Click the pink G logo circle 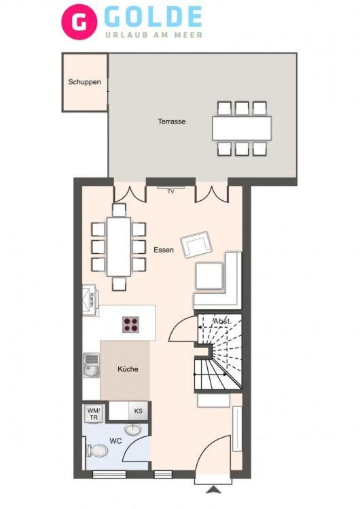(x=79, y=22)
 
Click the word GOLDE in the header (x=154, y=17)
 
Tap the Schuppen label (x=84, y=82)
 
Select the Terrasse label (x=172, y=121)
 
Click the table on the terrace (x=242, y=128)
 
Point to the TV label (x=170, y=192)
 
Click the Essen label (x=164, y=250)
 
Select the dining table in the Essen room (x=119, y=247)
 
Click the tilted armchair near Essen (x=196, y=244)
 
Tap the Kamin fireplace (x=90, y=300)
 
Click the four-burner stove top (x=130, y=324)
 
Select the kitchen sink (x=91, y=365)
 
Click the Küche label (x=128, y=369)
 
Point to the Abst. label (x=222, y=322)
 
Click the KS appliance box (x=139, y=411)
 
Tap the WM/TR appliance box (x=94, y=413)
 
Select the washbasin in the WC (x=133, y=430)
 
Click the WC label (x=115, y=441)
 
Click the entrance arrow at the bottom (x=213, y=489)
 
